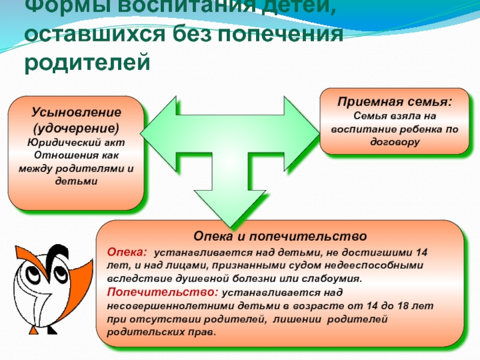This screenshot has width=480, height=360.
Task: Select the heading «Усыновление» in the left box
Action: [76, 112]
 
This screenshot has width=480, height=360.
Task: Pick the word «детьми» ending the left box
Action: [76, 181]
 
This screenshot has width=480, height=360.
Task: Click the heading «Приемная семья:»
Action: [394, 102]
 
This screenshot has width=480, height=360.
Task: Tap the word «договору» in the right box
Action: [394, 142]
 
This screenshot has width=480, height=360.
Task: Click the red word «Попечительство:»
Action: [162, 292]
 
